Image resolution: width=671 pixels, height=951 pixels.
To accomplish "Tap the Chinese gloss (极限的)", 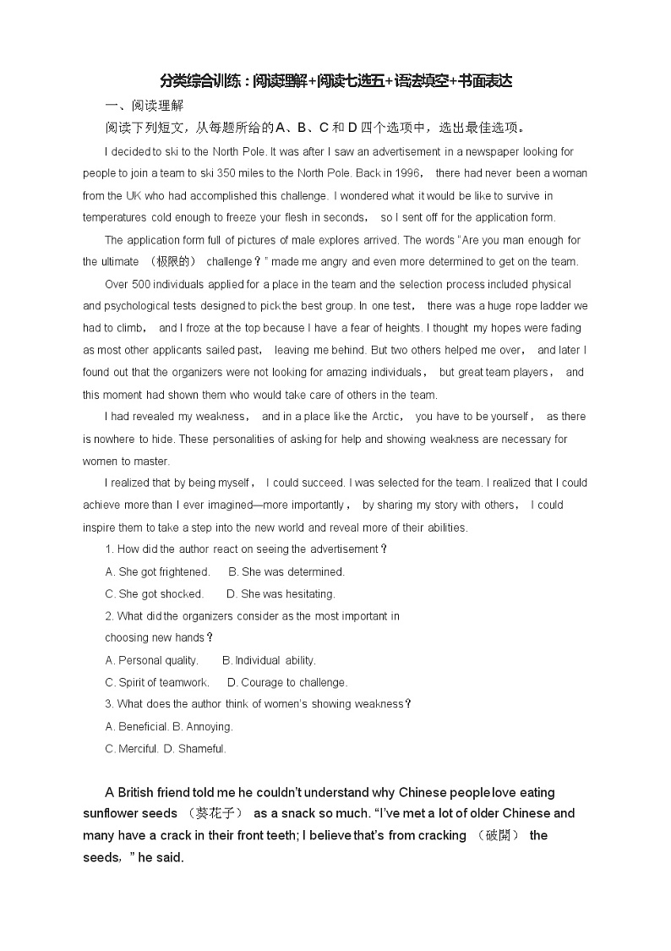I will (172, 261).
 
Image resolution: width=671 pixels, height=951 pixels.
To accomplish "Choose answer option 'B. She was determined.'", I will (286, 571).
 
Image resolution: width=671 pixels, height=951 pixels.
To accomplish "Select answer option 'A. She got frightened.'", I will (157, 571).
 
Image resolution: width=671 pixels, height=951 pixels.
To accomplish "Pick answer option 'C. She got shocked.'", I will (154, 593).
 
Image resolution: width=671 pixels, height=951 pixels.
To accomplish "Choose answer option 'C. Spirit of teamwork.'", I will (157, 682).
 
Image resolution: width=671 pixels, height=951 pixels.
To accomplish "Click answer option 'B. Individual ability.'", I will (269, 660).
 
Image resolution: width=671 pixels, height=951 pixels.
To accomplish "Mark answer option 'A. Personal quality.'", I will (152, 660).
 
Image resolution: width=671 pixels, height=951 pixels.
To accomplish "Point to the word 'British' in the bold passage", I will (140, 792).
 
